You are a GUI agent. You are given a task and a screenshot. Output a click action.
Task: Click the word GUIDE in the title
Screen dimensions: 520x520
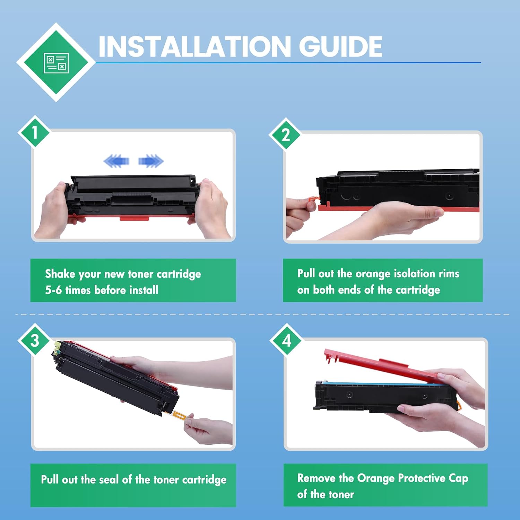point(340,46)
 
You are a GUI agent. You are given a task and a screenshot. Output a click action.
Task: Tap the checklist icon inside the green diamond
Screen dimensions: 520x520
point(56,63)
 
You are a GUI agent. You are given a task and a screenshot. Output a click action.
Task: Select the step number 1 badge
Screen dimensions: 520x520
point(35,132)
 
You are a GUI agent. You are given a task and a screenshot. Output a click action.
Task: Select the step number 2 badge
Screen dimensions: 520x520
point(286,135)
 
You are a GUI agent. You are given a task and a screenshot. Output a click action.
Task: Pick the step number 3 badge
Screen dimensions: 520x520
point(35,340)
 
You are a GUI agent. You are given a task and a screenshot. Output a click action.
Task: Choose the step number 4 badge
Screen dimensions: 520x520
point(287,340)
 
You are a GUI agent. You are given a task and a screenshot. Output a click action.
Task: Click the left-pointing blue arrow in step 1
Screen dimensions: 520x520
point(116,161)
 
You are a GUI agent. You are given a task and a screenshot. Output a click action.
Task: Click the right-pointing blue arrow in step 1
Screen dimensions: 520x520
point(151,161)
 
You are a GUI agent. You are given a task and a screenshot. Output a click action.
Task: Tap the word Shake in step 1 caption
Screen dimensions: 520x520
point(60,274)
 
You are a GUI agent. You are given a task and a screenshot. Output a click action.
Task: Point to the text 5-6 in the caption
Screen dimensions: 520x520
point(53,290)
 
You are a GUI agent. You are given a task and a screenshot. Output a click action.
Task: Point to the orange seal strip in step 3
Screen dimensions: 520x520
point(179,415)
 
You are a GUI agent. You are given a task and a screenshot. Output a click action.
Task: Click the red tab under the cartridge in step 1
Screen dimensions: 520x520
point(135,218)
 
